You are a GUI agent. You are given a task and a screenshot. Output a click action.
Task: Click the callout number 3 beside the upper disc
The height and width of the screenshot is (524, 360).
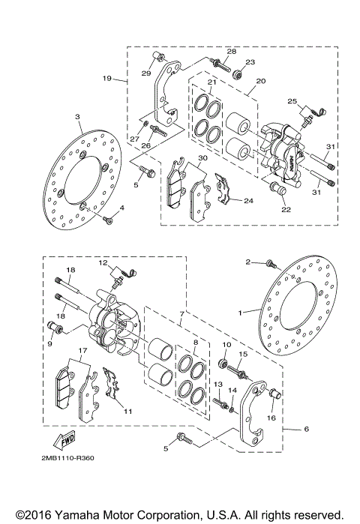(x=77, y=117)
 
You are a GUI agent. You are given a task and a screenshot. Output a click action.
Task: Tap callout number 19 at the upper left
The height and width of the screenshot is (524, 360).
(x=107, y=77)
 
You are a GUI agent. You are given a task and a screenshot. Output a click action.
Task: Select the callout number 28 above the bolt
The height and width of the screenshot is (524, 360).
(x=232, y=51)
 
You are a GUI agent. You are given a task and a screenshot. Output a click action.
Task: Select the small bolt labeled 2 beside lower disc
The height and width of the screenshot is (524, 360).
(x=270, y=263)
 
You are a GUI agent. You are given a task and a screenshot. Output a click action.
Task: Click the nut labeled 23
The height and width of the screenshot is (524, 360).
(x=237, y=73)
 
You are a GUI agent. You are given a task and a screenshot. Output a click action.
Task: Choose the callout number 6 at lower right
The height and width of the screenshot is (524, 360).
(x=306, y=430)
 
